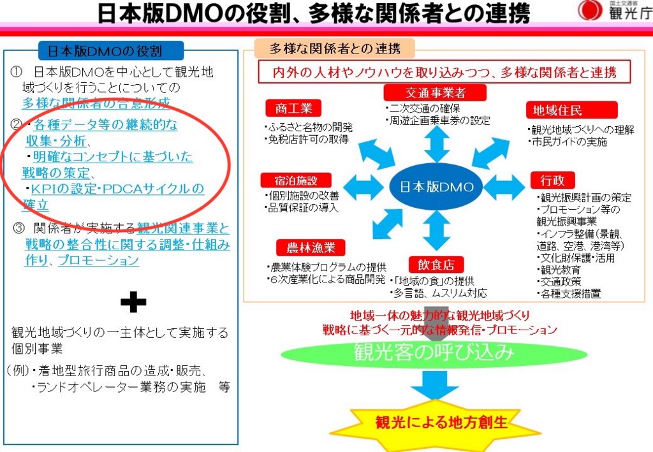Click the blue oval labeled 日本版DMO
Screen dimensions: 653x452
(436, 186)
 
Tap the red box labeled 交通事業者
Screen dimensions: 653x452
(435, 92)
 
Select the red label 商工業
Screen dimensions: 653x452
(293, 108)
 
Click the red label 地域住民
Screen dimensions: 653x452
(571, 110)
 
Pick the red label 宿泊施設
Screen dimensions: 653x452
(296, 180)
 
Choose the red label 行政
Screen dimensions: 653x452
(553, 180)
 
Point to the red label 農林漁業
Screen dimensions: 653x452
(311, 247)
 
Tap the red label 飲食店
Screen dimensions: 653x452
(436, 265)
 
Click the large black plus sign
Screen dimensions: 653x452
(133, 302)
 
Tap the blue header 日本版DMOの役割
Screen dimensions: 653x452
(110, 51)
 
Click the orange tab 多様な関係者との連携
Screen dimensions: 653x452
(335, 48)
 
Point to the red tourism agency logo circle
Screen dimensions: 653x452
(590, 10)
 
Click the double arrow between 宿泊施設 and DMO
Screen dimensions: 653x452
(363, 186)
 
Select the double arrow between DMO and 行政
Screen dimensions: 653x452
(504, 187)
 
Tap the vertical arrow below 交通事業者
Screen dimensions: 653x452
(437, 143)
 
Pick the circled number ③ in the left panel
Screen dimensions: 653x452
(18, 228)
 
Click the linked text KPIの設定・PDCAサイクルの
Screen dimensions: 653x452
(117, 189)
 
